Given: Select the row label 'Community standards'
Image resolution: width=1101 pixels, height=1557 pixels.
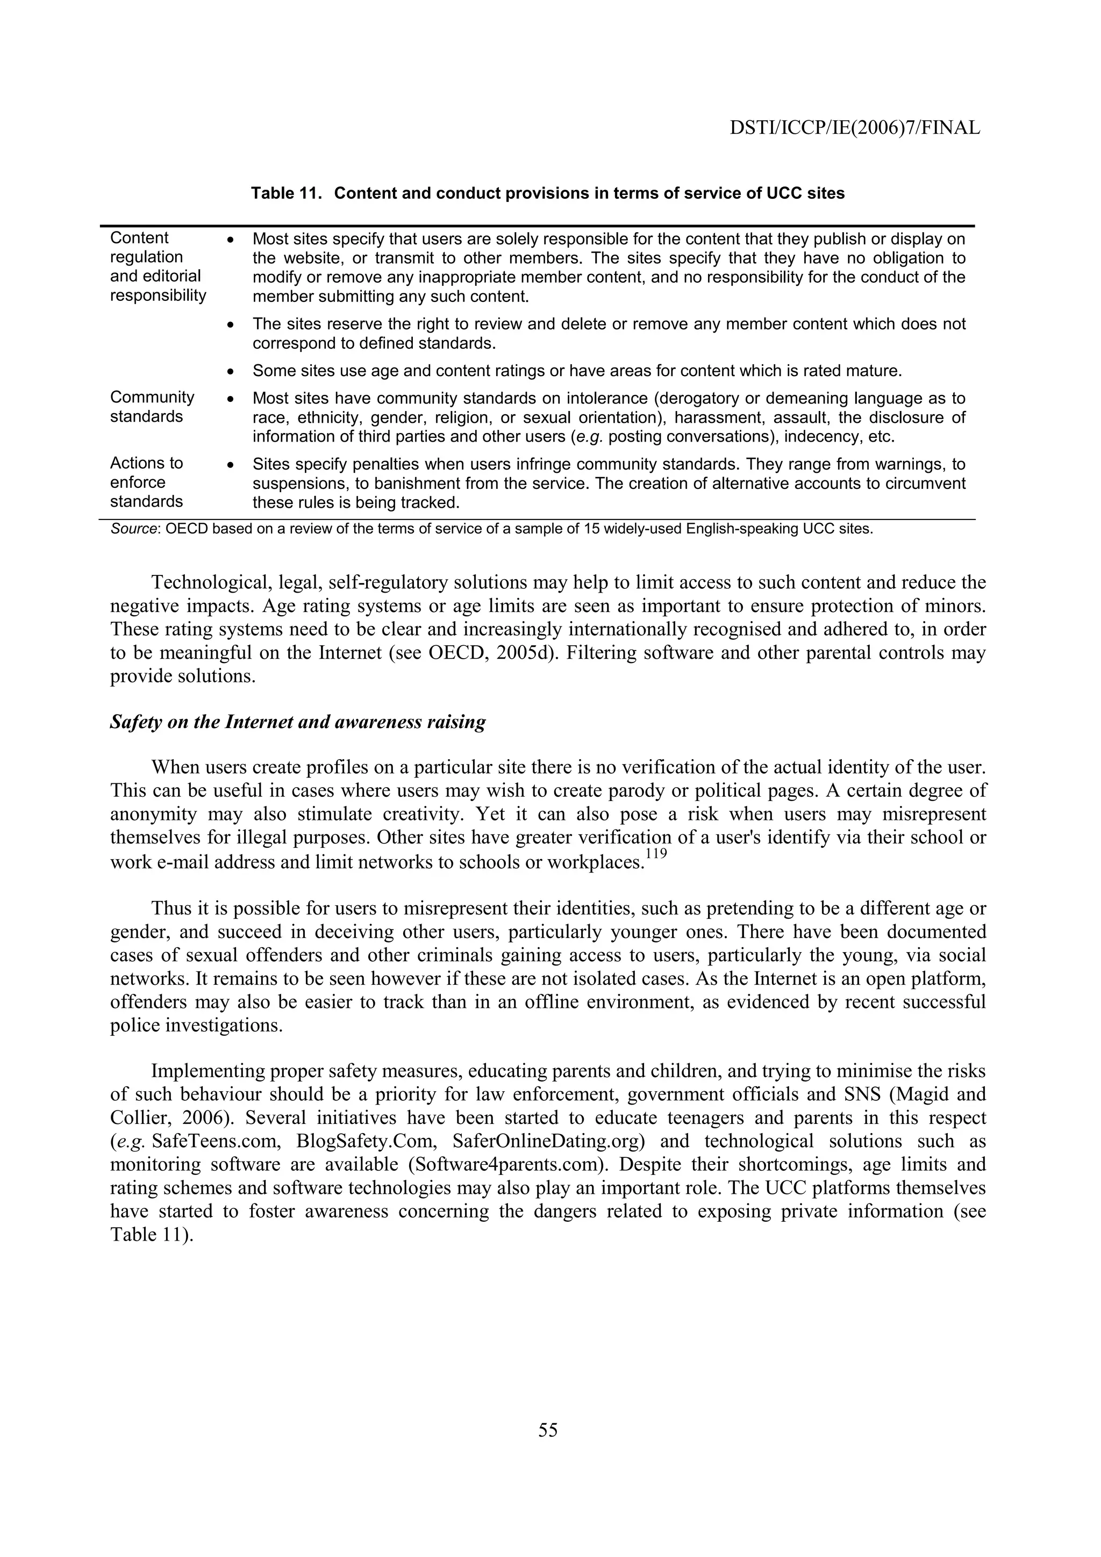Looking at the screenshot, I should tap(152, 406).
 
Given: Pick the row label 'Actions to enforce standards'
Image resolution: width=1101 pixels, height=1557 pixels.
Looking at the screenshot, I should tap(147, 482).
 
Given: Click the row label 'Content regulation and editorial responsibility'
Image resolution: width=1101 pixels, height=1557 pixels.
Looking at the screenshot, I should tap(158, 266).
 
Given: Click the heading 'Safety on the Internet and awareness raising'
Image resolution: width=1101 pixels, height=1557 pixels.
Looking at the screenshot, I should tap(298, 722).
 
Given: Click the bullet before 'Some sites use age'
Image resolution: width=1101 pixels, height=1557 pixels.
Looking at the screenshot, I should tap(231, 372).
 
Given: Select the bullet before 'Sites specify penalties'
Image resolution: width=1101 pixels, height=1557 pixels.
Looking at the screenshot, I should tap(231, 465).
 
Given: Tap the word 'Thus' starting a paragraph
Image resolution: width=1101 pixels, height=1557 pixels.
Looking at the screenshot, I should tap(170, 908).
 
